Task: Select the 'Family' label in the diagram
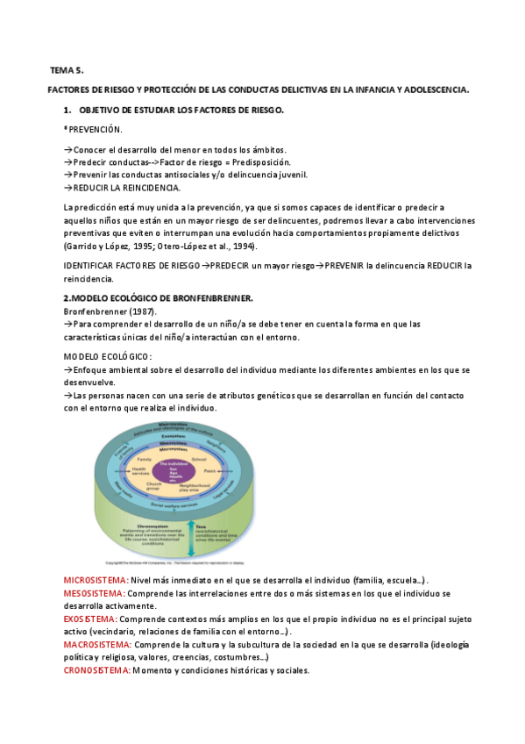145,459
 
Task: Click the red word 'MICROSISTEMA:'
96,581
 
